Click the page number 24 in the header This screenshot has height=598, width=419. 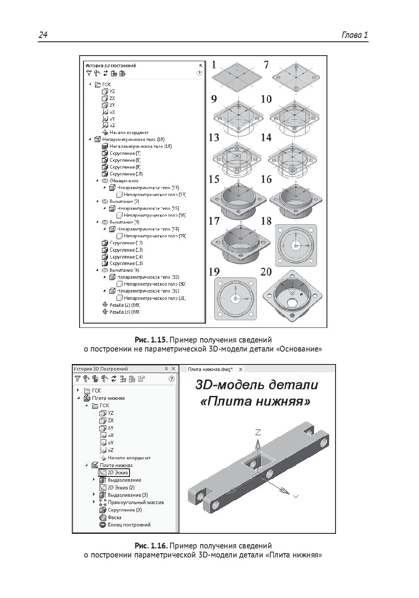[x=43, y=35]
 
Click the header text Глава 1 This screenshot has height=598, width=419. [x=354, y=35]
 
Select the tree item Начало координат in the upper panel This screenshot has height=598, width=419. [x=129, y=133]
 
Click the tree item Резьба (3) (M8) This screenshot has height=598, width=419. [x=125, y=312]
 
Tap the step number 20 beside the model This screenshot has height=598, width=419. [x=266, y=272]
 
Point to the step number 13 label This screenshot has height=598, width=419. [x=214, y=138]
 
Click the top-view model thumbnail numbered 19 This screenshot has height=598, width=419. [x=235, y=299]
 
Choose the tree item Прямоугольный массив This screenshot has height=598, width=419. [x=136, y=502]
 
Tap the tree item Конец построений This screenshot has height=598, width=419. [x=129, y=525]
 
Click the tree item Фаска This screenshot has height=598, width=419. [x=114, y=517]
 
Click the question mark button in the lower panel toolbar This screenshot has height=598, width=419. [x=171, y=379]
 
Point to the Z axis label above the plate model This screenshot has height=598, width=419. [x=258, y=432]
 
